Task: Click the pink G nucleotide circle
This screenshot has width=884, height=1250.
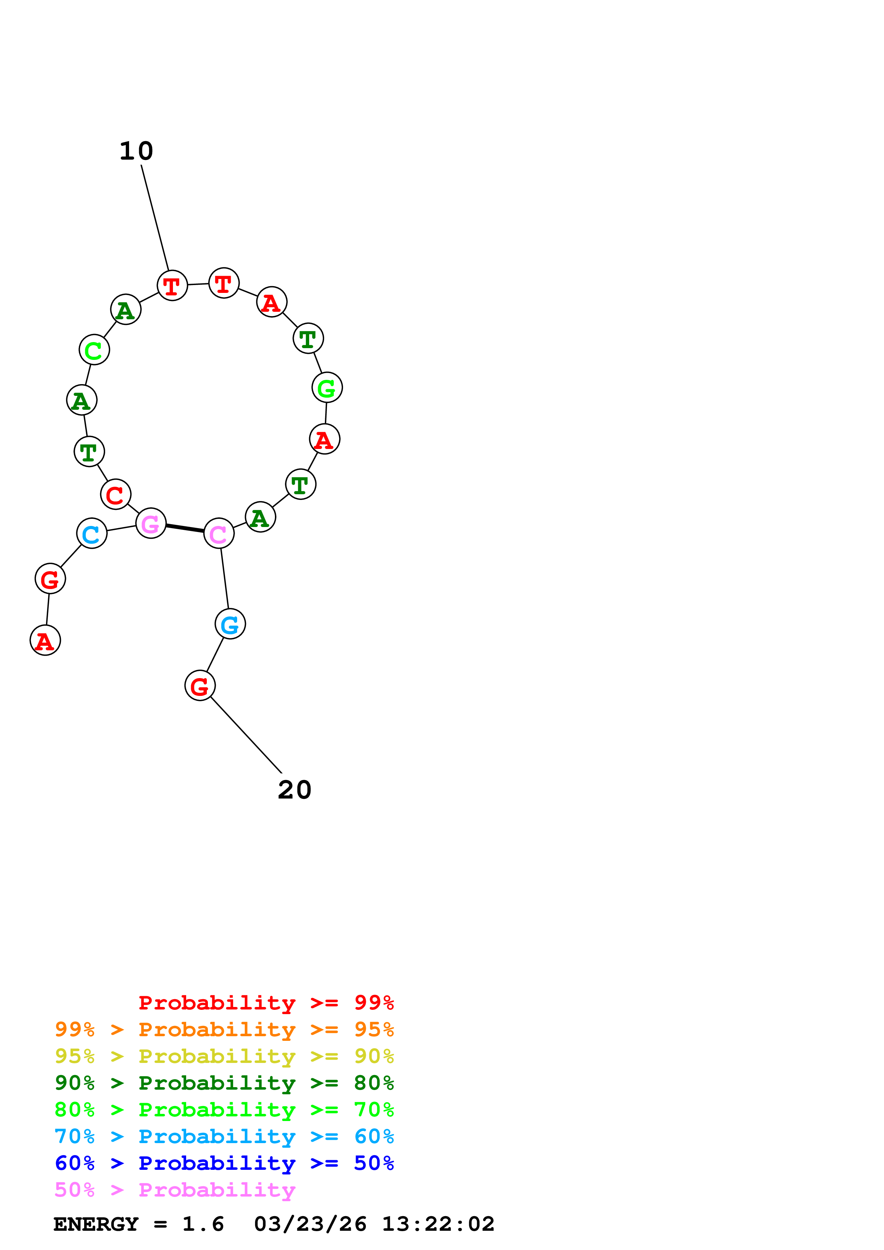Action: point(151,523)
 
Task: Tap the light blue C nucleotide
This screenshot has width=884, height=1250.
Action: point(92,533)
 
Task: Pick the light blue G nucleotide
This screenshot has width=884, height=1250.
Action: point(230,624)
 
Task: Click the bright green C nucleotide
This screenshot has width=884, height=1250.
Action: point(94,350)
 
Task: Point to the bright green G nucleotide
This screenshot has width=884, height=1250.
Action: point(327,388)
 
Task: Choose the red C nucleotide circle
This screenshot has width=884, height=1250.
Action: point(116,494)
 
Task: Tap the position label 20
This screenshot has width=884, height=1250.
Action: point(295,790)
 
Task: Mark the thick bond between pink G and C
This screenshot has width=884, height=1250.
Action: point(185,528)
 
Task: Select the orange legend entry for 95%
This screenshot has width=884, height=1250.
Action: point(224,1029)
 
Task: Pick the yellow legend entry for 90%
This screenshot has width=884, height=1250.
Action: point(224,1056)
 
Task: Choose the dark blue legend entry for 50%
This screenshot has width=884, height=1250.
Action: point(224,1163)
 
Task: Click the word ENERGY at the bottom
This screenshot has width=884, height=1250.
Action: point(96,1224)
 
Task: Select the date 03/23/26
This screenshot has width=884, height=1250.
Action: point(310,1224)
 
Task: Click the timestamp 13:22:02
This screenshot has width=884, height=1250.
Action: point(438,1224)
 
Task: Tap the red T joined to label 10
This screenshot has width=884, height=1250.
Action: point(172,285)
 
